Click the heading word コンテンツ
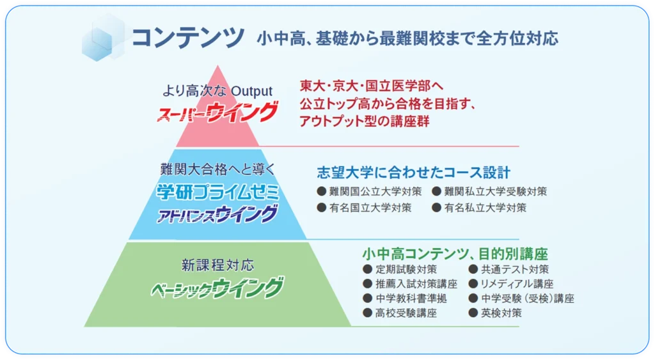[x=187, y=38]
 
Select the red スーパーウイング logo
[x=217, y=113]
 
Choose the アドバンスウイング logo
[x=217, y=214]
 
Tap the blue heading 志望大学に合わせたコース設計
[x=413, y=173]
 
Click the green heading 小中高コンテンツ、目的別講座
[x=455, y=253]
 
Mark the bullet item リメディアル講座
[x=511, y=284]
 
